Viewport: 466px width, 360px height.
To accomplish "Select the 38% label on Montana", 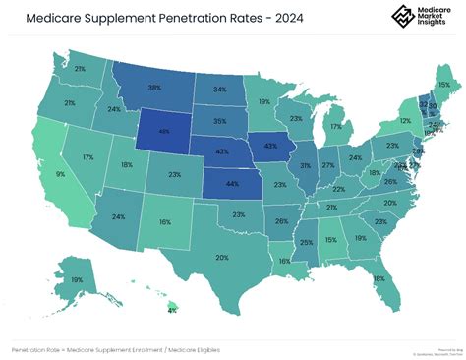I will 154,88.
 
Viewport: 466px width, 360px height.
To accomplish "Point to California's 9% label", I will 60,174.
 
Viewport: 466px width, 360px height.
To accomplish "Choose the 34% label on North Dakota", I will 220,89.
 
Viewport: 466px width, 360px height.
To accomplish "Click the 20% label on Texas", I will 222,257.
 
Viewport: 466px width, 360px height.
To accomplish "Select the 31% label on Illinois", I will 306,164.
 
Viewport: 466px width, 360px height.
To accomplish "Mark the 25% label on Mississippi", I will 307,242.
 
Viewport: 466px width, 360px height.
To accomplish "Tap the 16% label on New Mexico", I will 165,223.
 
